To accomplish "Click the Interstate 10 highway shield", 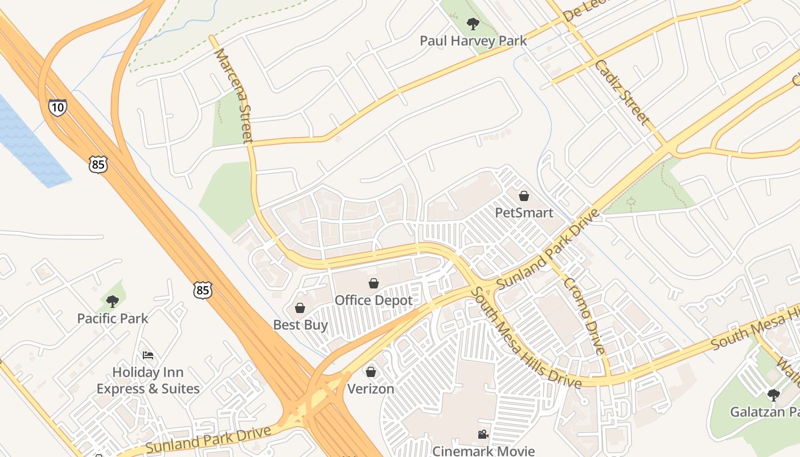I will (x=57, y=107).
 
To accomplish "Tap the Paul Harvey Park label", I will (x=473, y=41).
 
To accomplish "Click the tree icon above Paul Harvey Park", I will (x=473, y=24).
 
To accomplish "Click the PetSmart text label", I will (x=524, y=213).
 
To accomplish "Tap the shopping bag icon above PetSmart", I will (x=524, y=196).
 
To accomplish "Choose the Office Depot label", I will (x=374, y=300).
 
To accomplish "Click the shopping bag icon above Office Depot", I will (x=374, y=283).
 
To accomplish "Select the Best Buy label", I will (x=301, y=325).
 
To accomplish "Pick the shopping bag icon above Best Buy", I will (x=300, y=308).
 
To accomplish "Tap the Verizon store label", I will (x=371, y=389).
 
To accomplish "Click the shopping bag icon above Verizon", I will (x=371, y=372).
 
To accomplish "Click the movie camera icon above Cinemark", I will (x=483, y=434).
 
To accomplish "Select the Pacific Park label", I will (x=113, y=318).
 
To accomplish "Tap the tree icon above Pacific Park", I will (x=113, y=301).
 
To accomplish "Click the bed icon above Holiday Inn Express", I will (x=148, y=355).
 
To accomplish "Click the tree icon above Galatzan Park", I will (x=773, y=395).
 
